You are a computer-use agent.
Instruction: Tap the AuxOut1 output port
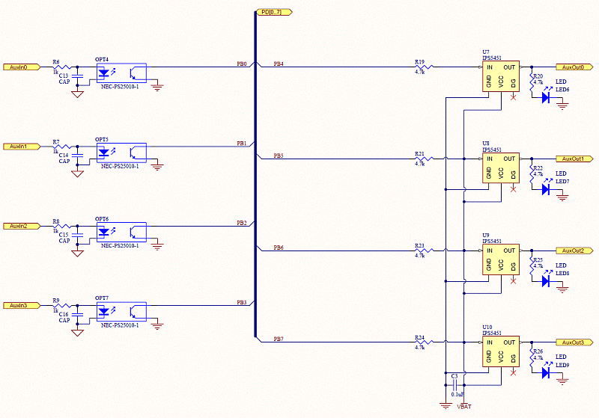click(x=574, y=159)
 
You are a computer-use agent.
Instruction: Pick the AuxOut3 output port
click(x=574, y=342)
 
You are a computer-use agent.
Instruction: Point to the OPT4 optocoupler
click(x=120, y=73)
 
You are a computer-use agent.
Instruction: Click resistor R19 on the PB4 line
click(x=419, y=67)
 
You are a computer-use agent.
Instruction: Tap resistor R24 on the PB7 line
click(x=419, y=342)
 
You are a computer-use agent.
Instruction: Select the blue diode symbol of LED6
click(x=546, y=96)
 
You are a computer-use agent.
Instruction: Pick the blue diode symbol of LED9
click(x=546, y=372)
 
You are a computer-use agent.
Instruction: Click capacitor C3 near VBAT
click(x=454, y=384)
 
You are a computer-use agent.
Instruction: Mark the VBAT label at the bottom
click(x=464, y=409)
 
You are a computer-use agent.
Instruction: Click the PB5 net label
click(x=278, y=156)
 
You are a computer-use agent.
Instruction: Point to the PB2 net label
click(x=241, y=223)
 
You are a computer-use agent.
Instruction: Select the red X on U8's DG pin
click(x=513, y=189)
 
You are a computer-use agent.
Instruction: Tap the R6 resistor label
click(x=56, y=62)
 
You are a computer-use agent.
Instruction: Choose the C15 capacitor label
click(x=64, y=235)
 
